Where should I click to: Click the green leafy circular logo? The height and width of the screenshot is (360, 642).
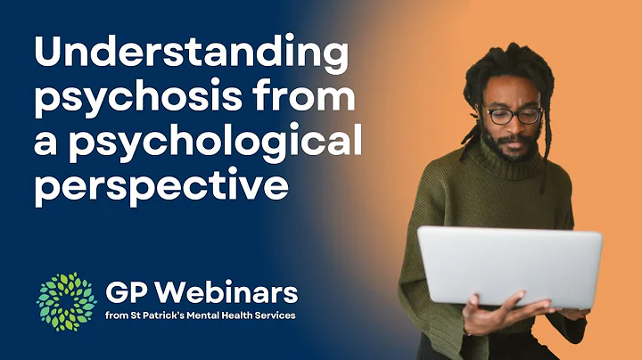pyautogui.click(x=65, y=301)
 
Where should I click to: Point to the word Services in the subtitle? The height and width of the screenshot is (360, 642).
pyautogui.click(x=272, y=315)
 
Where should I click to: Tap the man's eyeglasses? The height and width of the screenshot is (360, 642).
pyautogui.click(x=512, y=115)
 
